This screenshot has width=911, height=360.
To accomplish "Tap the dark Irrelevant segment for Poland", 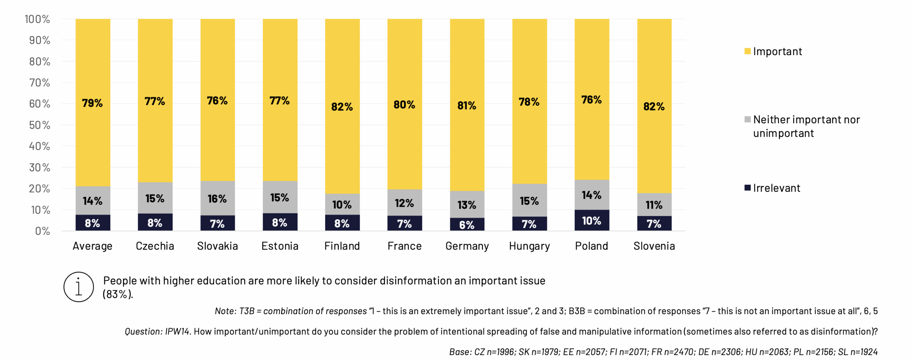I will click(591, 220).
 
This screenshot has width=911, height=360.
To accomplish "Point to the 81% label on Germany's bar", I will click(467, 106).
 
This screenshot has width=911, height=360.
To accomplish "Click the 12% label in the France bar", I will click(404, 203).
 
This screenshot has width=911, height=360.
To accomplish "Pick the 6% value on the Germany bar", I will click(467, 225).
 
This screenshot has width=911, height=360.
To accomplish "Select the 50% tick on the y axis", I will click(40, 125).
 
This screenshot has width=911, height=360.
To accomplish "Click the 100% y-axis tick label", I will click(37, 19).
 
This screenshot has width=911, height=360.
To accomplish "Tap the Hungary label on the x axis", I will click(529, 246).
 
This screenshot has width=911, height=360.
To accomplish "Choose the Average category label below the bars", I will click(93, 246).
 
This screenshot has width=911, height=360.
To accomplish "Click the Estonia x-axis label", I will click(280, 246).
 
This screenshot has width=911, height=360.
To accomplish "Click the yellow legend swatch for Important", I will click(747, 51).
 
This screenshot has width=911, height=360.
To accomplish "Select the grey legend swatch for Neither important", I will click(747, 120).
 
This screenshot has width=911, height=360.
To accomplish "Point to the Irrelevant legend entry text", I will click(776, 188).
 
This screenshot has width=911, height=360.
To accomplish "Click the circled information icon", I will click(79, 287).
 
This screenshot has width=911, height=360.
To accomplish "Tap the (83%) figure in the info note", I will click(117, 294).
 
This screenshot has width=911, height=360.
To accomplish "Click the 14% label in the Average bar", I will click(93, 201).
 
